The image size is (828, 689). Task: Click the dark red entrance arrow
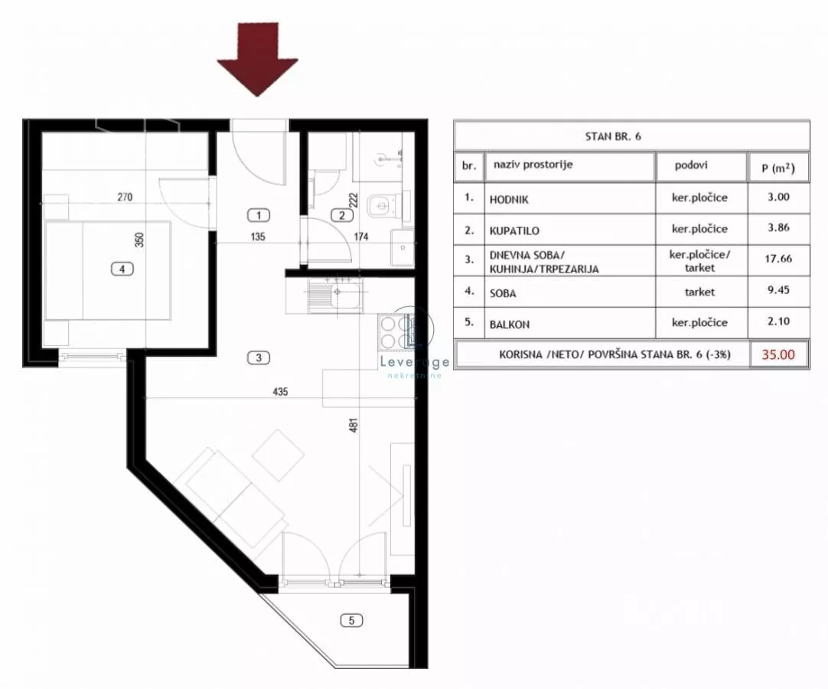[258, 58]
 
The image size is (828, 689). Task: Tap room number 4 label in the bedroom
[122, 269]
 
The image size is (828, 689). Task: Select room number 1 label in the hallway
[259, 215]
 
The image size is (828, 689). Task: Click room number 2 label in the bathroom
[341, 215]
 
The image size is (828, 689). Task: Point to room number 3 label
[259, 358]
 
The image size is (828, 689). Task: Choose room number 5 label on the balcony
[352, 620]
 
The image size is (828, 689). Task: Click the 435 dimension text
[280, 391]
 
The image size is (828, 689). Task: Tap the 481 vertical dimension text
[354, 426]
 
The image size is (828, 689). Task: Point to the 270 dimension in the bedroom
[125, 197]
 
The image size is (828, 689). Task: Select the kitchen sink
[335, 294]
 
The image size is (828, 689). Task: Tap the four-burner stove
[395, 331]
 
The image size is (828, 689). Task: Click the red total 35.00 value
[777, 354]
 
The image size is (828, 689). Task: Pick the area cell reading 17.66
[777, 259]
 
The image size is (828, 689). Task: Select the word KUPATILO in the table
[514, 231]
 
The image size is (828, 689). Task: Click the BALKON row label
[510, 325]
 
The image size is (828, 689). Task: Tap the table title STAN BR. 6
[613, 136]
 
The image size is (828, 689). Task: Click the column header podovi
[691, 165]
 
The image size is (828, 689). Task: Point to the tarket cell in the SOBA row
[699, 292]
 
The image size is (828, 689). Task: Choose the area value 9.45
[779, 290]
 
